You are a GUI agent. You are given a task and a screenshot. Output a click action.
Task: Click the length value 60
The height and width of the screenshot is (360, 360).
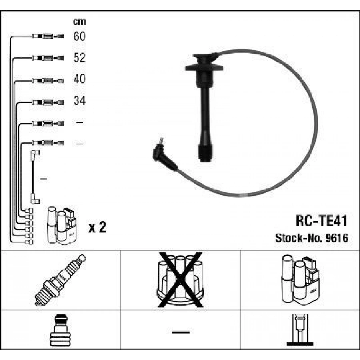[80, 37]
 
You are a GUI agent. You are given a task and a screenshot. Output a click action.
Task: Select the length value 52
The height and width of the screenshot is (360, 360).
[80, 58]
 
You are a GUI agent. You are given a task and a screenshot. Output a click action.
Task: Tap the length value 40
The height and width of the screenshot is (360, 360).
[80, 80]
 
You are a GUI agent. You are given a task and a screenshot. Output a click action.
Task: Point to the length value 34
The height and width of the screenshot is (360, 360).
[80, 101]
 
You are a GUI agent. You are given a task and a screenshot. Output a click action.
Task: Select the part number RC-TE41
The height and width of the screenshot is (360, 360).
[321, 221]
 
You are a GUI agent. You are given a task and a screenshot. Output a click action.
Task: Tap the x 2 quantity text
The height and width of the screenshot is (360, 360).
[97, 228]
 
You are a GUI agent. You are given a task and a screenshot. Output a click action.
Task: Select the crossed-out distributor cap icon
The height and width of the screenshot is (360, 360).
[180, 280]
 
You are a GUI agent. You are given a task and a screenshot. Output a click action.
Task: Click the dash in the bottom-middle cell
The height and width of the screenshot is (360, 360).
[180, 332]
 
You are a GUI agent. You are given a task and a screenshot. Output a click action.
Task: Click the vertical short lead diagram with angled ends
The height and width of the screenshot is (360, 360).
[34, 176]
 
